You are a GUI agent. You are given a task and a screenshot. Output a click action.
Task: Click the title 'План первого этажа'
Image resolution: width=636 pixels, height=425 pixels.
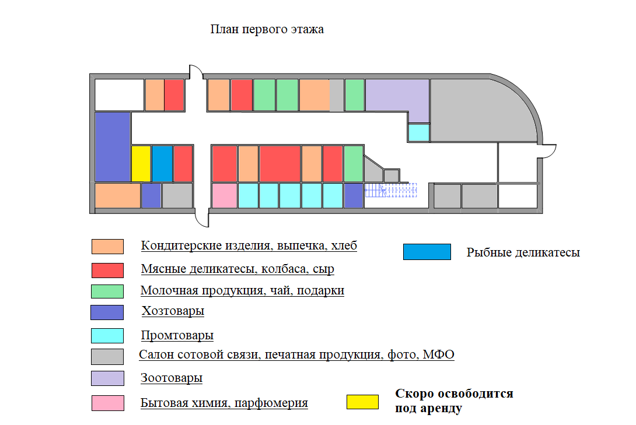coord(267,30)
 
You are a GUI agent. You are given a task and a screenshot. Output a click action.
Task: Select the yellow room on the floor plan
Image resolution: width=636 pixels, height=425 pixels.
coord(141,164)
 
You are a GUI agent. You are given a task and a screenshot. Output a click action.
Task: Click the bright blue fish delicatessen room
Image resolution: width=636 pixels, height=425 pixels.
coord(162,164)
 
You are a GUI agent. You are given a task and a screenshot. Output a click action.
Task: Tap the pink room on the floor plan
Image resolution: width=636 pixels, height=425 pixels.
coord(225,196)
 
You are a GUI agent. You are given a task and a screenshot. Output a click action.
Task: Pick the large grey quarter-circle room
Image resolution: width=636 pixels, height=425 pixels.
coord(478,110)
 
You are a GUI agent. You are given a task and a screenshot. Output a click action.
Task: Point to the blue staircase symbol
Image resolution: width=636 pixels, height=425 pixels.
coord(391,191)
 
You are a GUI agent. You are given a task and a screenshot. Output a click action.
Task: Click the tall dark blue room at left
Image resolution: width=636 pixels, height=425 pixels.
coord(113,147)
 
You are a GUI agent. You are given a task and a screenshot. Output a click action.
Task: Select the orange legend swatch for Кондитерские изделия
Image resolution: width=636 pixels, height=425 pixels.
coord(107,247)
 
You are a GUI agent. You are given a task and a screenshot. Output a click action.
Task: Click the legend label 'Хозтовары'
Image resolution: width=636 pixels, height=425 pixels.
coord(173,311)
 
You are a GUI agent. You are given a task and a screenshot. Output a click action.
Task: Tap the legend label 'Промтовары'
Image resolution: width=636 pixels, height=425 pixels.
coord(177,335)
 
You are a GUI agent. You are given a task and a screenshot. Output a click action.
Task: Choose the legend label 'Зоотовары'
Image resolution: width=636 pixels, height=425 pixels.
coord(172,378)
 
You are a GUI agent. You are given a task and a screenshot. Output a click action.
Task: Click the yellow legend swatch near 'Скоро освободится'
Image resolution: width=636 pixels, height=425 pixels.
coord(362,402)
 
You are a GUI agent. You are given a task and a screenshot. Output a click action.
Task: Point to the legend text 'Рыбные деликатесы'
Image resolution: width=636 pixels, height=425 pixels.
coord(523,252)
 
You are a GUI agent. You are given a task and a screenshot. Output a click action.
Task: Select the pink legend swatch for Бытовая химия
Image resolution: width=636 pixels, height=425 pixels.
coord(108,403)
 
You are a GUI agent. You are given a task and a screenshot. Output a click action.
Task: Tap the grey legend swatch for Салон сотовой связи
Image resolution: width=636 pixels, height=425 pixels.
coord(107,357)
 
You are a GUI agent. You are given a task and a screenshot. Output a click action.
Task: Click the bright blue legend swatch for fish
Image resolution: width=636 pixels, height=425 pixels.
coord(427,252)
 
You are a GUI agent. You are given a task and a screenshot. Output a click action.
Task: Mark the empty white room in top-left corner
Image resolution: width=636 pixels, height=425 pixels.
coord(119,95)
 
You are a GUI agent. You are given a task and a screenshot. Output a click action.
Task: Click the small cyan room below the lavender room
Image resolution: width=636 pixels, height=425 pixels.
coord(419,132)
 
